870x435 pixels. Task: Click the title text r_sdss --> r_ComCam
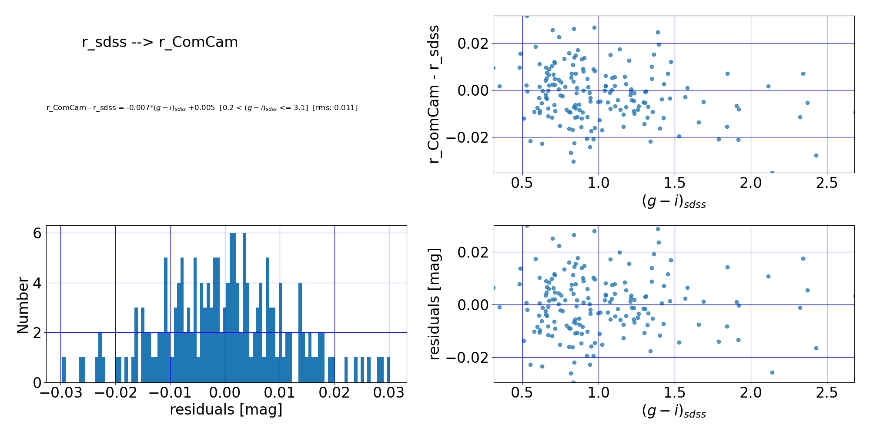(x=160, y=42)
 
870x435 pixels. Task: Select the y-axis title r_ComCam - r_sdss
(x=434, y=94)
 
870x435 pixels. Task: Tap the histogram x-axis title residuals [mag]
(x=226, y=410)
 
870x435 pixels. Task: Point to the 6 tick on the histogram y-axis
(x=37, y=233)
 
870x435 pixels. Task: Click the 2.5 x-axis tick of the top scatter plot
(x=826, y=183)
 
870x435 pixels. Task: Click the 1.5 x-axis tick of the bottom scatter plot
(x=674, y=393)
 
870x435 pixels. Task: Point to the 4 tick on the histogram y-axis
(x=37, y=283)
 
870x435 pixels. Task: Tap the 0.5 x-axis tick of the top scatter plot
(x=522, y=183)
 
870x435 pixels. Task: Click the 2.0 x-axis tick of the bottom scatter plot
(x=750, y=393)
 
